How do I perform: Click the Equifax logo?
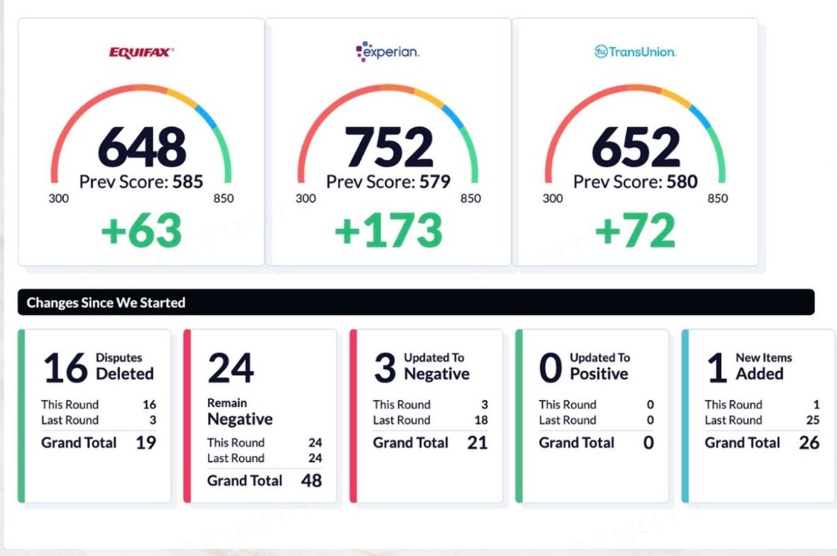pyautogui.click(x=141, y=52)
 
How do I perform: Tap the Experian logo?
pyautogui.click(x=387, y=52)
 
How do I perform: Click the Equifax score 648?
pyautogui.click(x=142, y=147)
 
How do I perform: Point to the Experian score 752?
pyautogui.click(x=389, y=147)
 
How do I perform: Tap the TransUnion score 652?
pyautogui.click(x=635, y=147)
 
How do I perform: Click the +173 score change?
pyautogui.click(x=389, y=230)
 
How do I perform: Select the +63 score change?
pyautogui.click(x=142, y=230)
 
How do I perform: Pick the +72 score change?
pyautogui.click(x=635, y=230)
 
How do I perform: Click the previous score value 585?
pyautogui.click(x=187, y=182)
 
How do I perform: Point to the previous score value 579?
pyautogui.click(x=434, y=182)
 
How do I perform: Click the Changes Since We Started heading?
pyautogui.click(x=106, y=303)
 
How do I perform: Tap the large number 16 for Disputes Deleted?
pyautogui.click(x=65, y=368)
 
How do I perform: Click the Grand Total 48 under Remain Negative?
pyautogui.click(x=311, y=480)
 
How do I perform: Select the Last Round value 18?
pyautogui.click(x=481, y=420)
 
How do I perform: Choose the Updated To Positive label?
pyautogui.click(x=600, y=367)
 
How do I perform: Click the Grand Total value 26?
pyautogui.click(x=809, y=443)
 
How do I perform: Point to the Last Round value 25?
pyautogui.click(x=812, y=420)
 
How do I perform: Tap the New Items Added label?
pyautogui.click(x=763, y=367)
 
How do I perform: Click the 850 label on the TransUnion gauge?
pyautogui.click(x=717, y=199)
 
